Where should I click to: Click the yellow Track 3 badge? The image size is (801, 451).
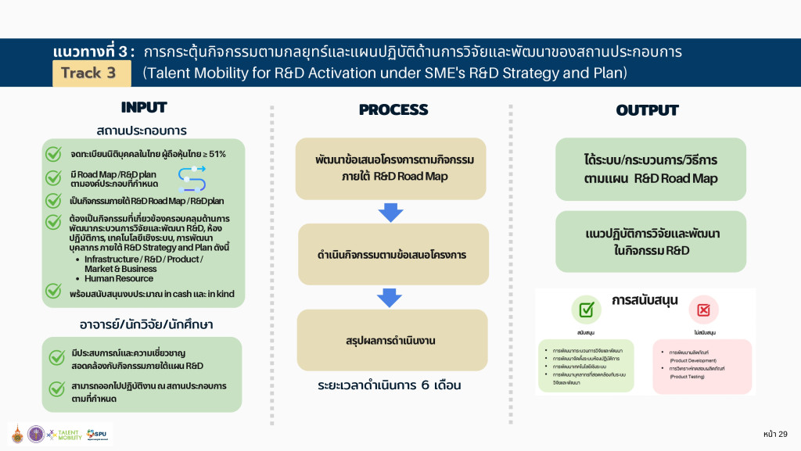[88, 73]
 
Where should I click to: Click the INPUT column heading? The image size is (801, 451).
[144, 108]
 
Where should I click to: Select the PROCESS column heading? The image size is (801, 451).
[393, 110]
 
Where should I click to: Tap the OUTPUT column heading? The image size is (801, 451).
[647, 110]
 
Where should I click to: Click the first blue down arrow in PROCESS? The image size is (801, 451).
[390, 212]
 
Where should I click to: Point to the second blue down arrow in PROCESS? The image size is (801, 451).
[390, 297]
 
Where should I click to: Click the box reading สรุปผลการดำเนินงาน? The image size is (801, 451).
[392, 341]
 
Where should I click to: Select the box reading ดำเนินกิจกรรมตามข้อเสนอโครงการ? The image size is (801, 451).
[392, 254]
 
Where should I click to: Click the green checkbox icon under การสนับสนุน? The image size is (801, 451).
[585, 310]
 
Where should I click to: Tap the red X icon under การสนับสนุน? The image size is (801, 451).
[702, 310]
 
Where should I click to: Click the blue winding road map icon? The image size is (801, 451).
[192, 179]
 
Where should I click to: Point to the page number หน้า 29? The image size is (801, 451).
[774, 434]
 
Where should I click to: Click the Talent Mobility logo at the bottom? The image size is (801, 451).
[64, 435]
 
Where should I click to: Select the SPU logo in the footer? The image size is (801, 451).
[98, 434]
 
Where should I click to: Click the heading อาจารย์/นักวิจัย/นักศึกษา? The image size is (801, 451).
[142, 324]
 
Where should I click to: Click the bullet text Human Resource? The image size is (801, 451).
[119, 278]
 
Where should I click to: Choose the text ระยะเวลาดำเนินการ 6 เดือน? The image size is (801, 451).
[391, 385]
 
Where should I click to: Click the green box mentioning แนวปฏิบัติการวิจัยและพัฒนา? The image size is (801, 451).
[651, 242]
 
